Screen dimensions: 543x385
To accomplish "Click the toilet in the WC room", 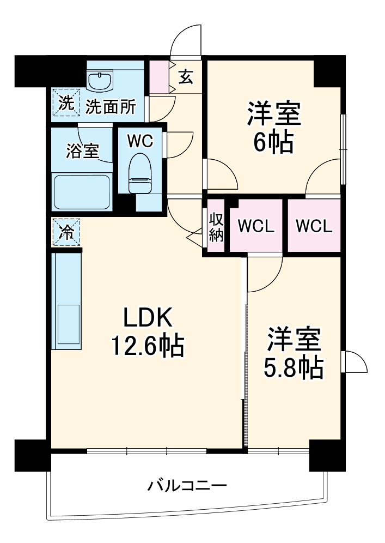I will click(139, 173).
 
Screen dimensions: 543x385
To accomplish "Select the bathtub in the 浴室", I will click(82, 191).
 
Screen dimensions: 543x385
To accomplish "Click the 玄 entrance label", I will click(186, 77).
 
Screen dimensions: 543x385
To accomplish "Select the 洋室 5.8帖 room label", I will click(294, 354).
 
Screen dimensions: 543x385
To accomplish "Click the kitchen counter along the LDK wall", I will click(66, 301).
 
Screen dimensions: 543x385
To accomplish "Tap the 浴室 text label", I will click(83, 150).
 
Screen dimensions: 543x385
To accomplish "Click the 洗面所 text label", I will click(111, 106).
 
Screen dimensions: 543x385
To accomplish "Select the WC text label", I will click(139, 141).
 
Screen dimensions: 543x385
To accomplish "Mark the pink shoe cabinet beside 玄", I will click(160, 77).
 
